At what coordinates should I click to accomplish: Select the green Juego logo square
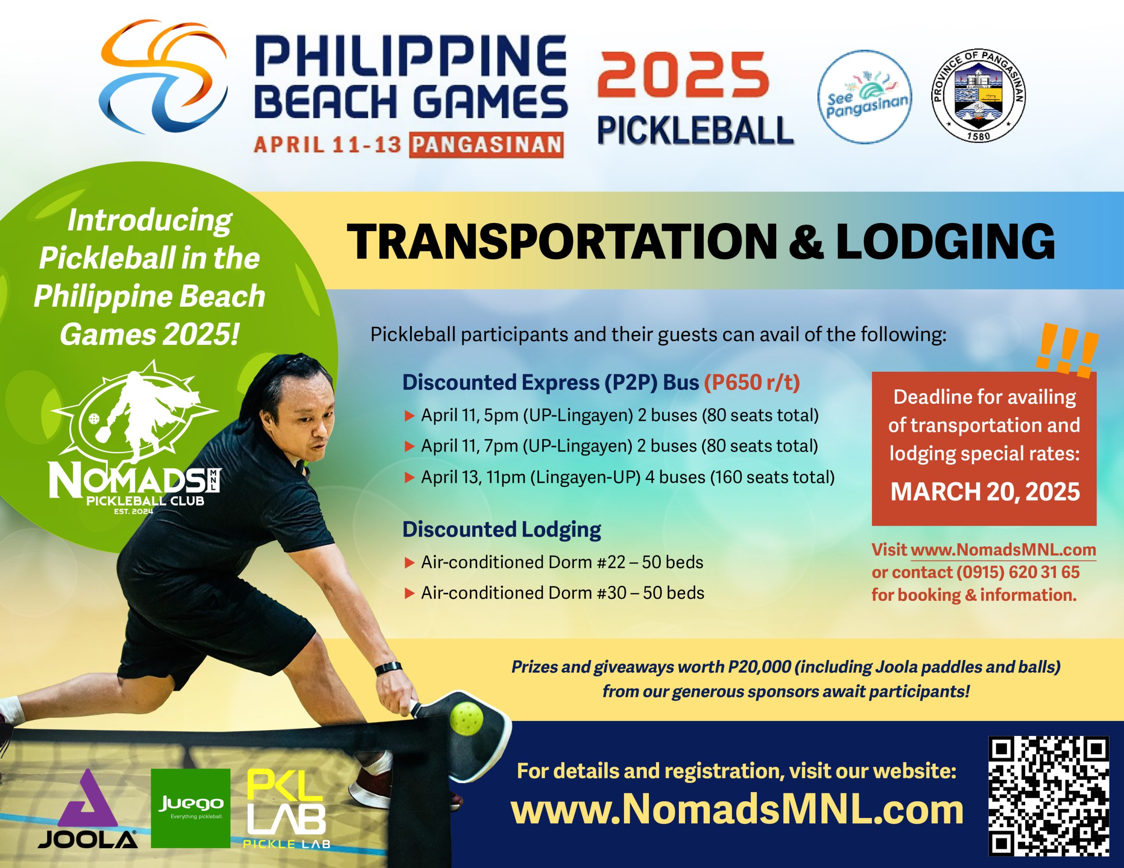pyautogui.click(x=191, y=808)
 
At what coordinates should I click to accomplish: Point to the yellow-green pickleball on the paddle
pyautogui.click(x=466, y=718)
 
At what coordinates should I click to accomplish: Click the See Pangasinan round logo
pyautogui.click(x=865, y=97)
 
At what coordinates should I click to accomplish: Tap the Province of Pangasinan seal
pyautogui.click(x=978, y=96)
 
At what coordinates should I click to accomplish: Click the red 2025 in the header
pyautogui.click(x=683, y=75)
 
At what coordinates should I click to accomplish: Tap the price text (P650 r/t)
pyautogui.click(x=752, y=382)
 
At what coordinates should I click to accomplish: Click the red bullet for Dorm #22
pyautogui.click(x=410, y=563)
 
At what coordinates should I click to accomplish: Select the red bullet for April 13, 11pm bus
pyautogui.click(x=410, y=477)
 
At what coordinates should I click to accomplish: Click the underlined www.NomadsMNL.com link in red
pyautogui.click(x=1004, y=550)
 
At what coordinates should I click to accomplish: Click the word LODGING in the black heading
pyautogui.click(x=945, y=241)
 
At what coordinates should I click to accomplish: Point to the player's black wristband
pyautogui.click(x=388, y=669)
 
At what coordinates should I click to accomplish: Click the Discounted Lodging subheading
pyautogui.click(x=502, y=529)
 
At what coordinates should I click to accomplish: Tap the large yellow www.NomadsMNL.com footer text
pyautogui.click(x=737, y=811)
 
